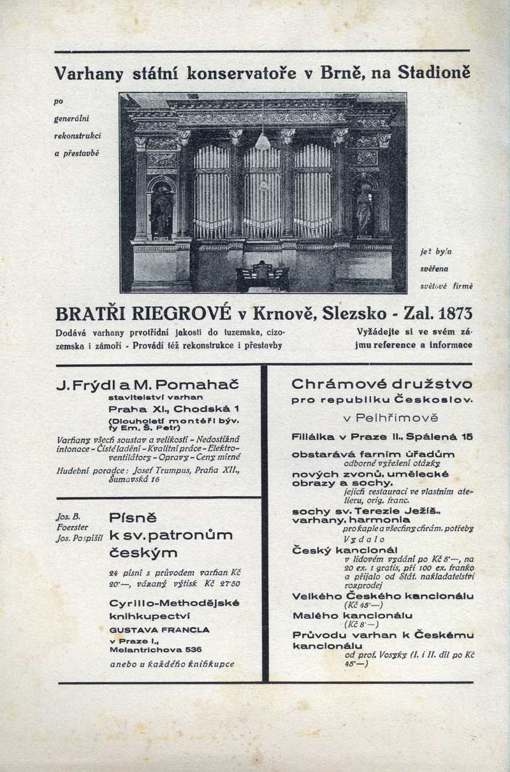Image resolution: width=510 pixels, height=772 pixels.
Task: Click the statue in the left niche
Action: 161,210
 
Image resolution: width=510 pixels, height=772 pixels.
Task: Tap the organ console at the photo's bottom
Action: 262,277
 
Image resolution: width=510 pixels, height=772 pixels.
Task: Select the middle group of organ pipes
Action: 262,191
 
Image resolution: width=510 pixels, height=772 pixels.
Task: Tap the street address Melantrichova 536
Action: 156,650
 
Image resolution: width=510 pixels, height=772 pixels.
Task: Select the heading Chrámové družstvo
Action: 381,384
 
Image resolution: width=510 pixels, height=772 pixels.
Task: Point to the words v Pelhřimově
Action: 381,419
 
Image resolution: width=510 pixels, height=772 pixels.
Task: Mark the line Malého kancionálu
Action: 352,615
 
